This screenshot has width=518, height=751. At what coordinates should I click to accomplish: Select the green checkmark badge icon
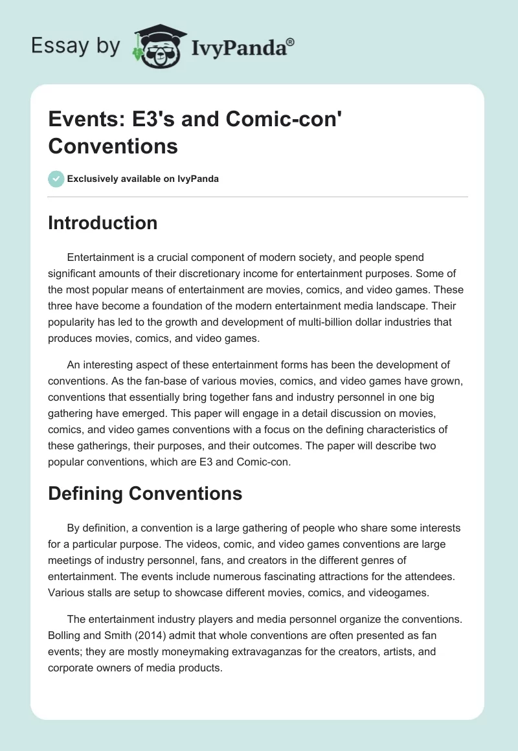[x=56, y=179]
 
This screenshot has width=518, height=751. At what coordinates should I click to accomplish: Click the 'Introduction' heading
[x=103, y=223]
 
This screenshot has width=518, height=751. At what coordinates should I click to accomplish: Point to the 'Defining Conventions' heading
[x=145, y=494]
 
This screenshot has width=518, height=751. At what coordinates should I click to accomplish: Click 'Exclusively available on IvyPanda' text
[x=143, y=179]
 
